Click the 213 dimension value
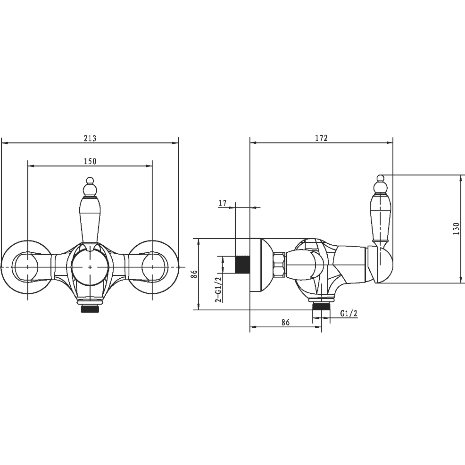[x=90, y=138]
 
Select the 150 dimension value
[x=90, y=161]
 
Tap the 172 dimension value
[x=321, y=138]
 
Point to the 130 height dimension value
[x=456, y=229]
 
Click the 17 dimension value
[x=223, y=203]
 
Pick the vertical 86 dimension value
[x=194, y=274]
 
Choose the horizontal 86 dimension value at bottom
[x=285, y=323]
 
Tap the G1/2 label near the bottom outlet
[x=349, y=313]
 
